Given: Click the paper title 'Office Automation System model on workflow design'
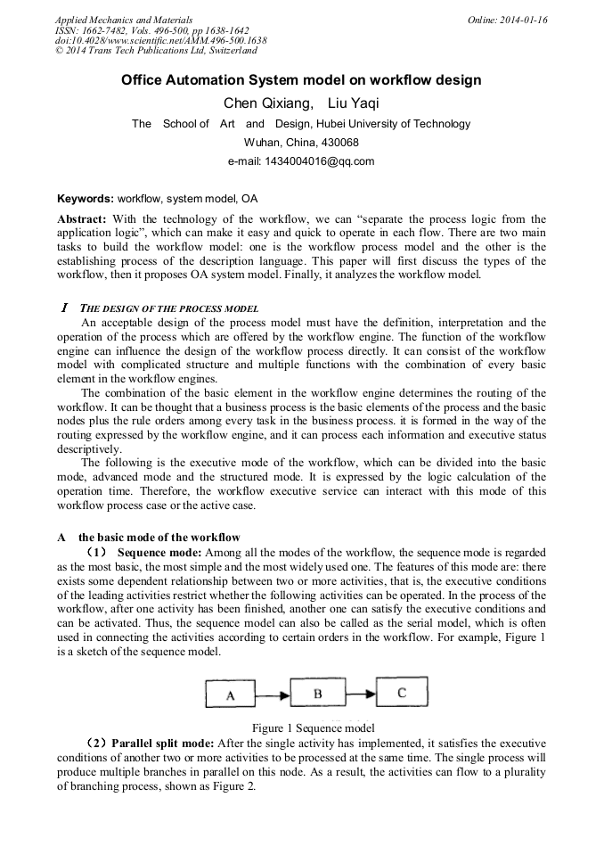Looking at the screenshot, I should (x=301, y=80).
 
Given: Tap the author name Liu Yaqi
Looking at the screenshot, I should (x=349, y=103).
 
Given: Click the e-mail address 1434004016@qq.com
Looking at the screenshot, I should (x=301, y=161).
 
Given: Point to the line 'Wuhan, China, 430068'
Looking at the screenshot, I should (x=301, y=143).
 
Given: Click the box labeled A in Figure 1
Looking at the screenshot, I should (x=230, y=695).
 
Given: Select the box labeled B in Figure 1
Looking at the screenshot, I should (x=317, y=692).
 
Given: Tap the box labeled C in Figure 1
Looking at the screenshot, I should (x=402, y=691).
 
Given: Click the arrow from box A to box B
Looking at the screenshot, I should (x=273, y=694).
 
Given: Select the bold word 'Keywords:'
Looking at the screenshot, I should (x=86, y=199).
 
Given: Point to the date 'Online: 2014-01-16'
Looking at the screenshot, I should (x=507, y=20).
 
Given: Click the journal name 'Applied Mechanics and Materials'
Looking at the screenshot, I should (x=123, y=20).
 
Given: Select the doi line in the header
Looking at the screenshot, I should (x=160, y=40).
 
